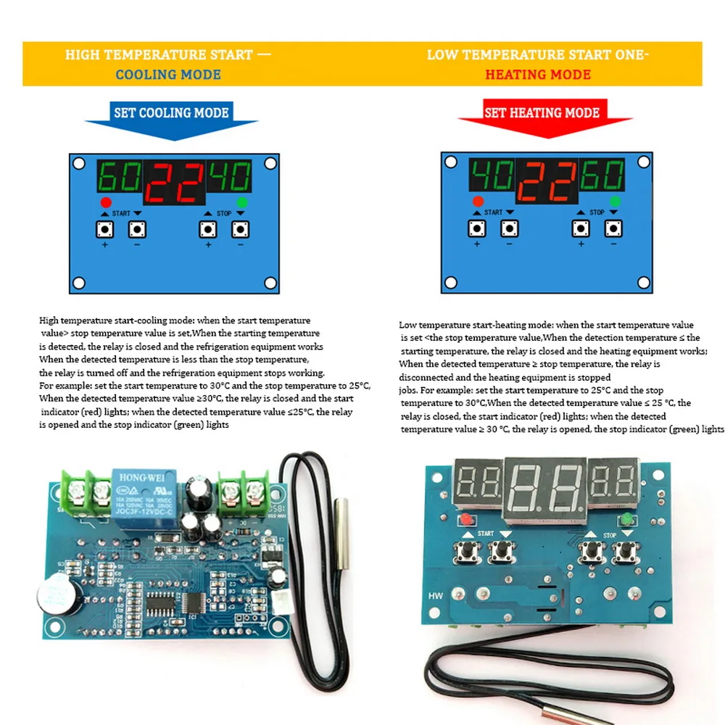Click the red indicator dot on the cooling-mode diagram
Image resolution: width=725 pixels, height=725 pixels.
[x=107, y=202]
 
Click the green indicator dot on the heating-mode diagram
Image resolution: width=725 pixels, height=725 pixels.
[x=616, y=201]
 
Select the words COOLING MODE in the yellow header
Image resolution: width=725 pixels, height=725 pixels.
[x=168, y=75]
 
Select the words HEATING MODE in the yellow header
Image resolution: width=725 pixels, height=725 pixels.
[x=538, y=75]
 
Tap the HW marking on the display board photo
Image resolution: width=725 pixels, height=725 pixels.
[x=434, y=596]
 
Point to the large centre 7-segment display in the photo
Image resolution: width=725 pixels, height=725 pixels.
[x=544, y=490]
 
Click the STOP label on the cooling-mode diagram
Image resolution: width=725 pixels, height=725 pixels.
[x=224, y=214]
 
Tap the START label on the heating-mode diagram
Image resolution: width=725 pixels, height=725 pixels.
[x=493, y=212]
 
